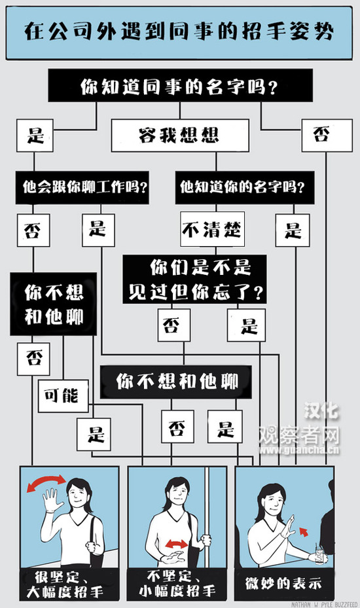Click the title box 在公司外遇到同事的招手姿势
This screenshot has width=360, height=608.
179,33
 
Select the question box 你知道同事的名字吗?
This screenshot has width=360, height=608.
180,86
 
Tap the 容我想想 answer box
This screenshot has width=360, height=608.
180,135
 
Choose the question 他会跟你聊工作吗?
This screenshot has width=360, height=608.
82,188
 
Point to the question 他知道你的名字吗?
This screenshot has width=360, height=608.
245,188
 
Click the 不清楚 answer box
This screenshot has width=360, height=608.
212,229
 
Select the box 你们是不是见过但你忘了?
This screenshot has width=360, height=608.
194,279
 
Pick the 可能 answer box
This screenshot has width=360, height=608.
63,396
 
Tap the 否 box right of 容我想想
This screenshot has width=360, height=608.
327,135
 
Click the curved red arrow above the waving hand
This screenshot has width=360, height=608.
46,480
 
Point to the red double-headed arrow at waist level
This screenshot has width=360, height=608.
177,545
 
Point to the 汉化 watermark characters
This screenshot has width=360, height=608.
321,410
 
